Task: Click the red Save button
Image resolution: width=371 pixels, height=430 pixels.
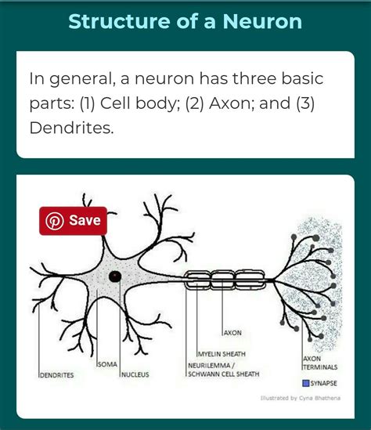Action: [x=73, y=221]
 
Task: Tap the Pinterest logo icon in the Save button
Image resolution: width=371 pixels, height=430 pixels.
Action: [x=55, y=221]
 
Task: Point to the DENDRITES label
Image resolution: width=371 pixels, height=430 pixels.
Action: [x=56, y=376]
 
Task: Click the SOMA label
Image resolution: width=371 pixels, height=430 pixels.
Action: [x=107, y=365]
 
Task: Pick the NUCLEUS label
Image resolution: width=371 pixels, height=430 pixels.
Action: [x=135, y=375]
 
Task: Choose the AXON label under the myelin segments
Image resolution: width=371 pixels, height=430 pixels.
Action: [x=232, y=332]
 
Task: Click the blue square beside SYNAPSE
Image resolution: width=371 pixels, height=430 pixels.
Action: [x=306, y=383]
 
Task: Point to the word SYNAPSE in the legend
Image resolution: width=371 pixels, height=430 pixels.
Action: [x=324, y=383]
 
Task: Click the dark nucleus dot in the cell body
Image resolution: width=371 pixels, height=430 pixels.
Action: [x=115, y=276]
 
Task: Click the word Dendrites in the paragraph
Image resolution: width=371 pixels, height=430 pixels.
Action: [x=71, y=127]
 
